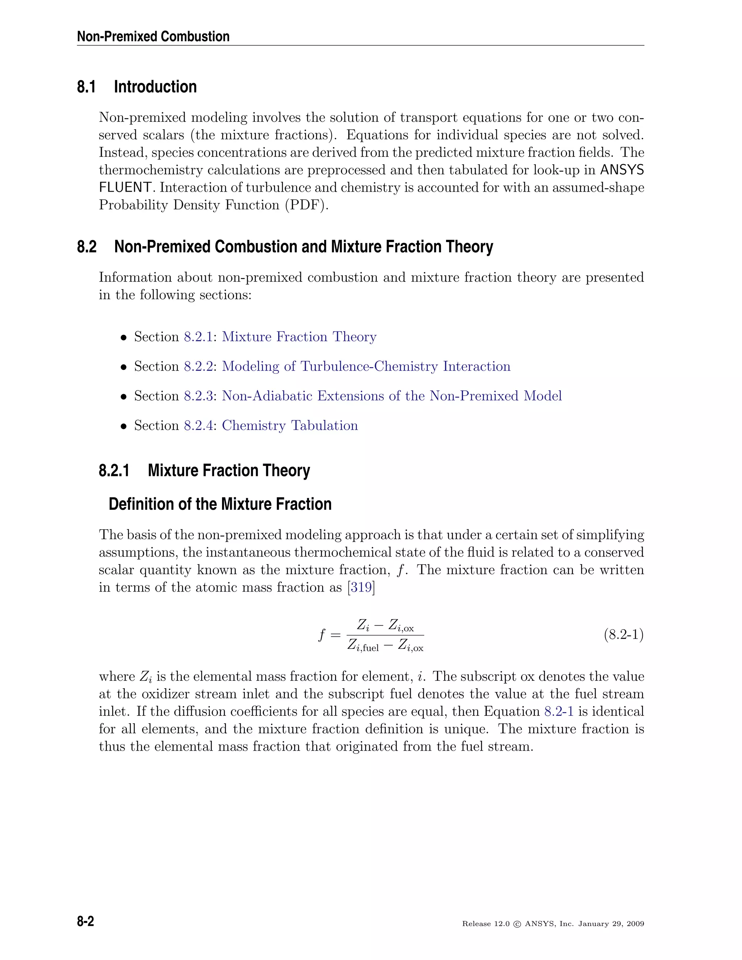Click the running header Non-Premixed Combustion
[153, 37]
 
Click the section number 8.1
[86, 87]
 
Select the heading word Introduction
[155, 87]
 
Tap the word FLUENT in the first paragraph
[126, 188]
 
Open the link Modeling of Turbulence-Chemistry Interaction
[366, 366]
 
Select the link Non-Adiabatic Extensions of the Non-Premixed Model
[391, 396]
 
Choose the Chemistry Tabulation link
[290, 426]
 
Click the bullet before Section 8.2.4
[124, 426]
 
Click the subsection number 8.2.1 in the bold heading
[114, 471]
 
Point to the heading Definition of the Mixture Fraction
[220, 504]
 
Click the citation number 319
[361, 587]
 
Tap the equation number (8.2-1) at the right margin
[623, 635]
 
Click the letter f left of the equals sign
[322, 635]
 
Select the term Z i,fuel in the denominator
[363, 646]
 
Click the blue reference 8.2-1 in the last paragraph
[559, 711]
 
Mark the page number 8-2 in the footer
[86, 921]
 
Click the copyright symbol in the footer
[517, 924]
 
